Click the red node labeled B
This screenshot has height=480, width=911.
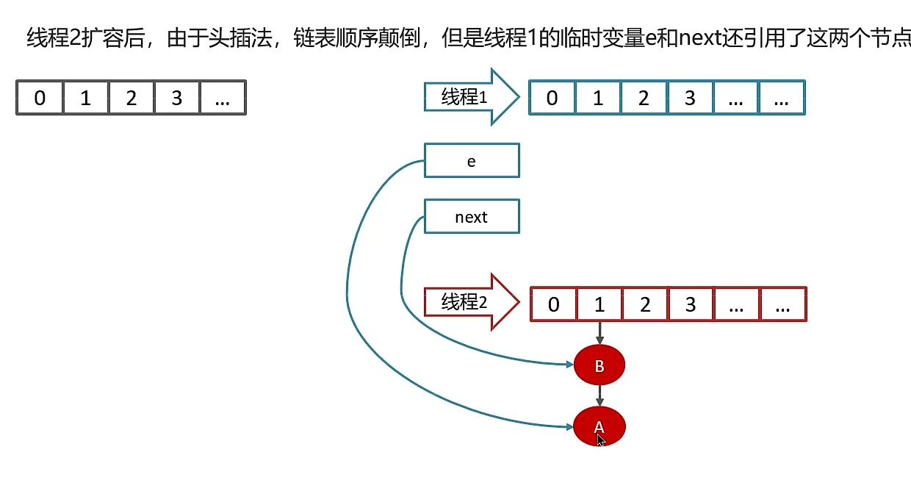(x=599, y=365)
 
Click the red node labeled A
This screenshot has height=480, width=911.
(x=599, y=426)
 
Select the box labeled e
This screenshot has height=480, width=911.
(x=472, y=161)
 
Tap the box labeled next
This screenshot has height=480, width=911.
(x=472, y=217)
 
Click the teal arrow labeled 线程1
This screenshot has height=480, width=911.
(x=470, y=96)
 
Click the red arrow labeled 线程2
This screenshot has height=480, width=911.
(x=470, y=301)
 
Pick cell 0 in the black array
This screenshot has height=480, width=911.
(x=40, y=98)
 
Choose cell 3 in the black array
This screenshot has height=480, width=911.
(x=176, y=98)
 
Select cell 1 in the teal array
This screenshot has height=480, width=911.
(x=598, y=98)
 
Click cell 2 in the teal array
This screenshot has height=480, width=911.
(x=644, y=98)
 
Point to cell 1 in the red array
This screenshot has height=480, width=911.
(x=599, y=304)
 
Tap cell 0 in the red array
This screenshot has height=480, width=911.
(x=554, y=304)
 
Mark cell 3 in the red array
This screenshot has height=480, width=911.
(x=691, y=304)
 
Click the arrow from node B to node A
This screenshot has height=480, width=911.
(x=599, y=395)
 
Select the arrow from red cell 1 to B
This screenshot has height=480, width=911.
(x=599, y=333)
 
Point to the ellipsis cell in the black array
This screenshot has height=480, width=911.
(x=223, y=98)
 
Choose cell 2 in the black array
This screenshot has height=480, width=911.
(x=131, y=98)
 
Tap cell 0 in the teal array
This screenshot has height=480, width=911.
(x=552, y=98)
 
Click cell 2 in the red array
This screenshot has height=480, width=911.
(x=645, y=304)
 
